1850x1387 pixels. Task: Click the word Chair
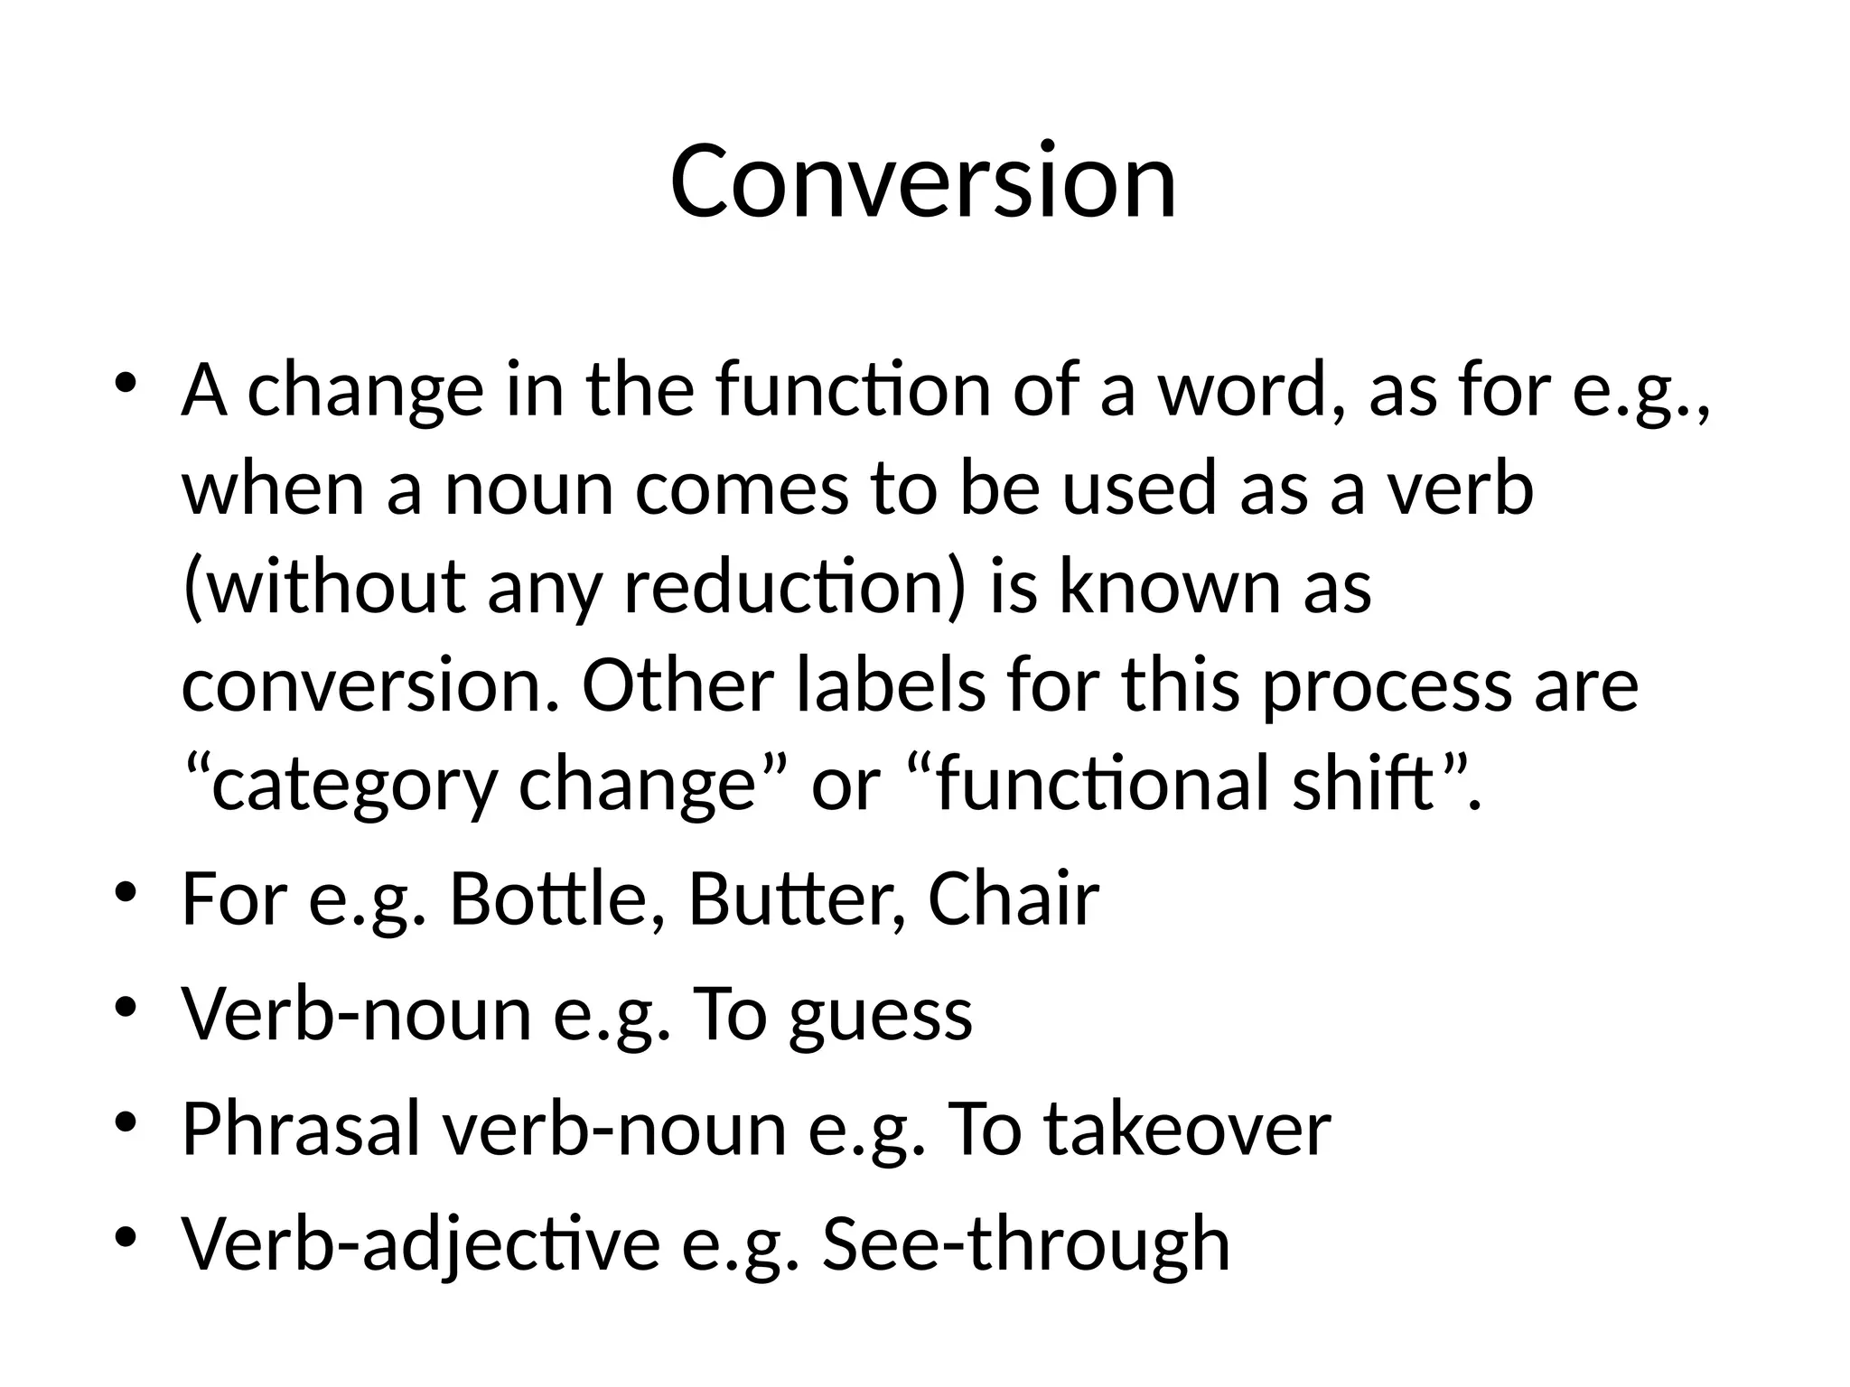coord(1013,899)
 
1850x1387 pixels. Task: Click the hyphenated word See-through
coord(1025,1244)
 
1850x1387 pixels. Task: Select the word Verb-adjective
coord(421,1244)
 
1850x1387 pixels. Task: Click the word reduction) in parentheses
coord(795,587)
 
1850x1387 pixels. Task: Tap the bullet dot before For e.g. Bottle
coord(126,893)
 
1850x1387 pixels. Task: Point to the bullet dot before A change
coord(126,383)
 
